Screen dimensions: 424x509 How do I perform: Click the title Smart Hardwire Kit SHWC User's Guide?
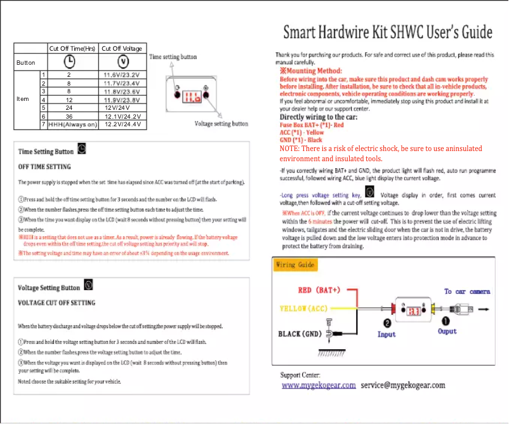coord(387,32)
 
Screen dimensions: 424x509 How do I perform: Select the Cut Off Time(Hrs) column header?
coord(72,48)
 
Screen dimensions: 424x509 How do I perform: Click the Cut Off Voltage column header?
coord(122,48)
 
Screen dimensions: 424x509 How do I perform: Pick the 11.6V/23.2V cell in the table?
coord(122,75)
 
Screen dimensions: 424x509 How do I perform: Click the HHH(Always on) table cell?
coord(72,124)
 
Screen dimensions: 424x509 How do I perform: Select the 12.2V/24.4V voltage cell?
coord(122,124)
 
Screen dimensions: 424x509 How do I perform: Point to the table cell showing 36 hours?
coord(69,116)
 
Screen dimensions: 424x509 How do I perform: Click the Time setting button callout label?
coord(173,57)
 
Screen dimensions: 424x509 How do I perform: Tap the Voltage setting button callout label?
coord(221,124)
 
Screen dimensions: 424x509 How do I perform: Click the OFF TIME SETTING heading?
coord(44,167)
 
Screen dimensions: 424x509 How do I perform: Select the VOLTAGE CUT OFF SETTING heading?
coord(56,303)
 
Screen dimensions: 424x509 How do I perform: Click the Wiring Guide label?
coord(295,265)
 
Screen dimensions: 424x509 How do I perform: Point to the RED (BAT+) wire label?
coord(319,290)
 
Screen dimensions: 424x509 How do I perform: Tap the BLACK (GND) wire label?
coord(300,333)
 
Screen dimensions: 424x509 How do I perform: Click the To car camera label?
coord(466,291)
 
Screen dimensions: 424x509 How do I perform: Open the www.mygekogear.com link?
coord(319,385)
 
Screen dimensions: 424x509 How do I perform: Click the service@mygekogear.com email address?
coord(403,385)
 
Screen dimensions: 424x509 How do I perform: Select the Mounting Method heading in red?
coord(311,71)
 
